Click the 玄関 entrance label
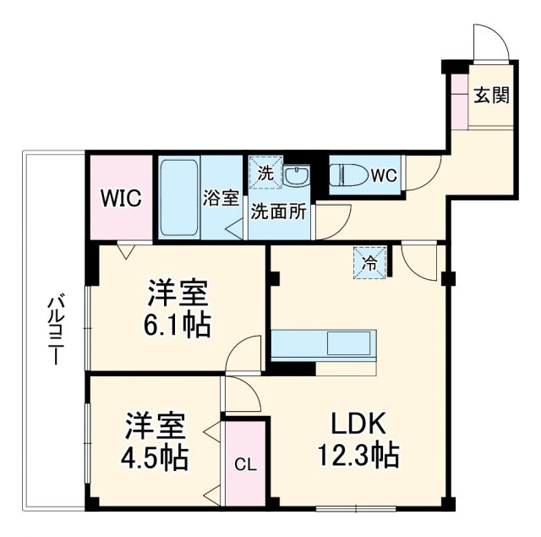point(490,95)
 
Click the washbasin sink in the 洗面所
point(296,177)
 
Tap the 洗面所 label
point(277,211)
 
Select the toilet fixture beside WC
point(348,175)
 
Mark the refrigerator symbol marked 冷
point(369,262)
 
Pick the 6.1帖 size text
point(178,326)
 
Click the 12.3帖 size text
point(353,458)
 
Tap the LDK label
point(352,423)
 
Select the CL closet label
point(244,464)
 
